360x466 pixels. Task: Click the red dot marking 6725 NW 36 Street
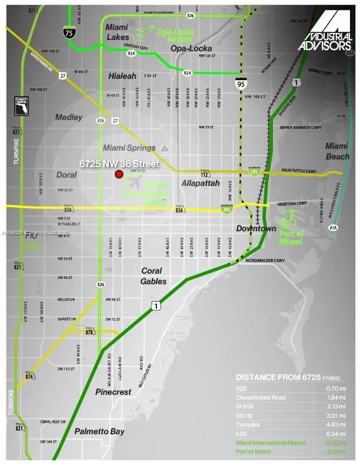(119, 174)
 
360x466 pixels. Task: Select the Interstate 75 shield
(70, 34)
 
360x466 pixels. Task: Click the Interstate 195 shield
(254, 171)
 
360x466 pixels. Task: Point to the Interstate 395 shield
(227, 208)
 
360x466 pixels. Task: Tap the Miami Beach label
(337, 151)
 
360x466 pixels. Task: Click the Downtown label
(256, 228)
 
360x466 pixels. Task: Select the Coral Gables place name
(154, 276)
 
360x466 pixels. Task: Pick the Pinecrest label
(112, 391)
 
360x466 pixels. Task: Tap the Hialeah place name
(122, 76)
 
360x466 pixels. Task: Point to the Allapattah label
(200, 184)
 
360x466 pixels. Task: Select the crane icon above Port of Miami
(288, 223)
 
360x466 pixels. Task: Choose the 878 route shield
(89, 332)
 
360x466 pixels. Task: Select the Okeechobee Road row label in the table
(261, 398)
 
